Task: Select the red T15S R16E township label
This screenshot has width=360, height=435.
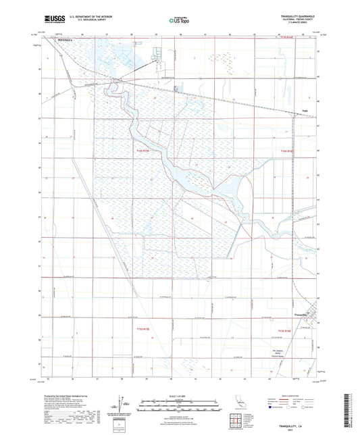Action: (289, 329)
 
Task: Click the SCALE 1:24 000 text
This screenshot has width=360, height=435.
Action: (180, 396)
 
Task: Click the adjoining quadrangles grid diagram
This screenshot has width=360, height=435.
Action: (235, 423)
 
